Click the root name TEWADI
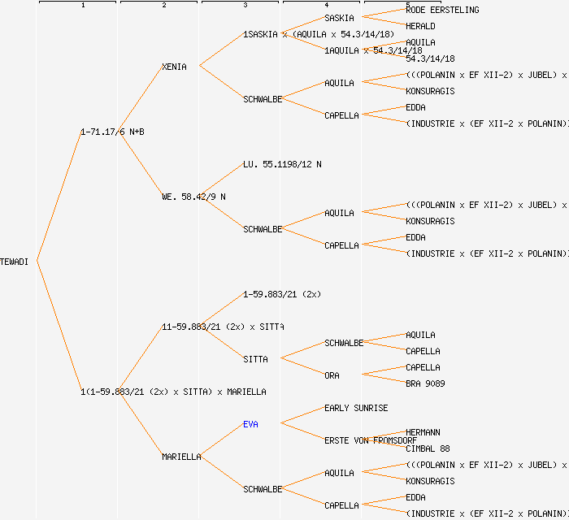tap(15, 262)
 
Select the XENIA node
tap(174, 67)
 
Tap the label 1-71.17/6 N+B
tap(112, 132)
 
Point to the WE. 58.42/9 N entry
tap(193, 197)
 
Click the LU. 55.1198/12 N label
tap(282, 164)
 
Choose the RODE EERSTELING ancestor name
tap(442, 10)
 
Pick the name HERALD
tap(420, 26)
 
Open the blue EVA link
tap(250, 424)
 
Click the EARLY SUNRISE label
tap(356, 408)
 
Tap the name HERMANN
tap(423, 432)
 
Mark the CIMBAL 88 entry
tap(428, 448)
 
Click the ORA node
tap(332, 375)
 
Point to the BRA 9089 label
tap(425, 383)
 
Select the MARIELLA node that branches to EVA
tap(181, 457)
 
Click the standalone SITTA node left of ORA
tap(255, 359)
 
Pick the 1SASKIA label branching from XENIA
tap(260, 34)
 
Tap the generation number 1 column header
tap(82, 6)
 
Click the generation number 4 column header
tap(326, 6)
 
